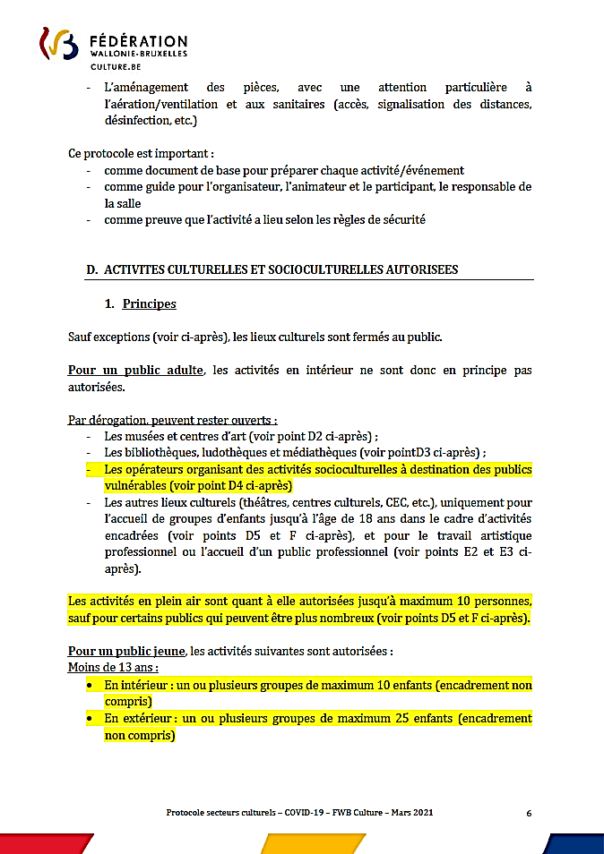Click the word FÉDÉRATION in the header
click(x=139, y=41)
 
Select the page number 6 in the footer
click(x=529, y=813)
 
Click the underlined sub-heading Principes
click(x=149, y=303)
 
